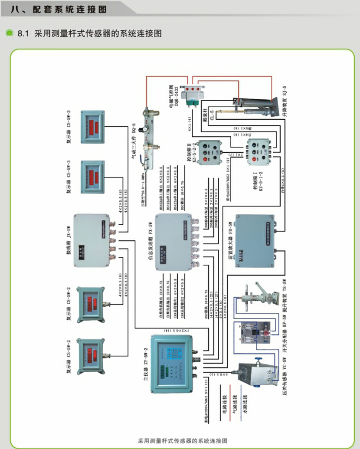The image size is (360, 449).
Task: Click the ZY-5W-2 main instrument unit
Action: pos(172,362)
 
